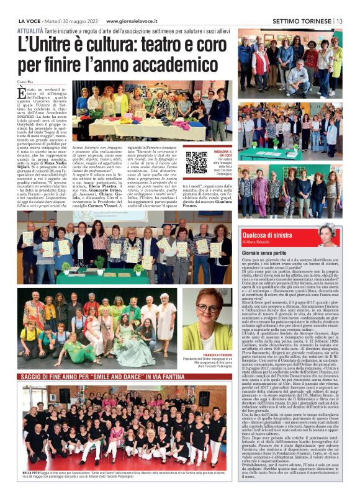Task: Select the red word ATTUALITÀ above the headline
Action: click(30, 30)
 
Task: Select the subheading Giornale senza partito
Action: click(268, 253)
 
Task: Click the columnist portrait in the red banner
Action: click(345, 235)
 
